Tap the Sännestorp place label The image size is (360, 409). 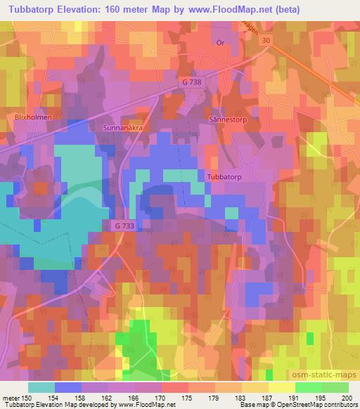coord(229,120)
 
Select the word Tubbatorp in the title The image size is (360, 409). coord(32,10)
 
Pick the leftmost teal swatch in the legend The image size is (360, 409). coord(42,387)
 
